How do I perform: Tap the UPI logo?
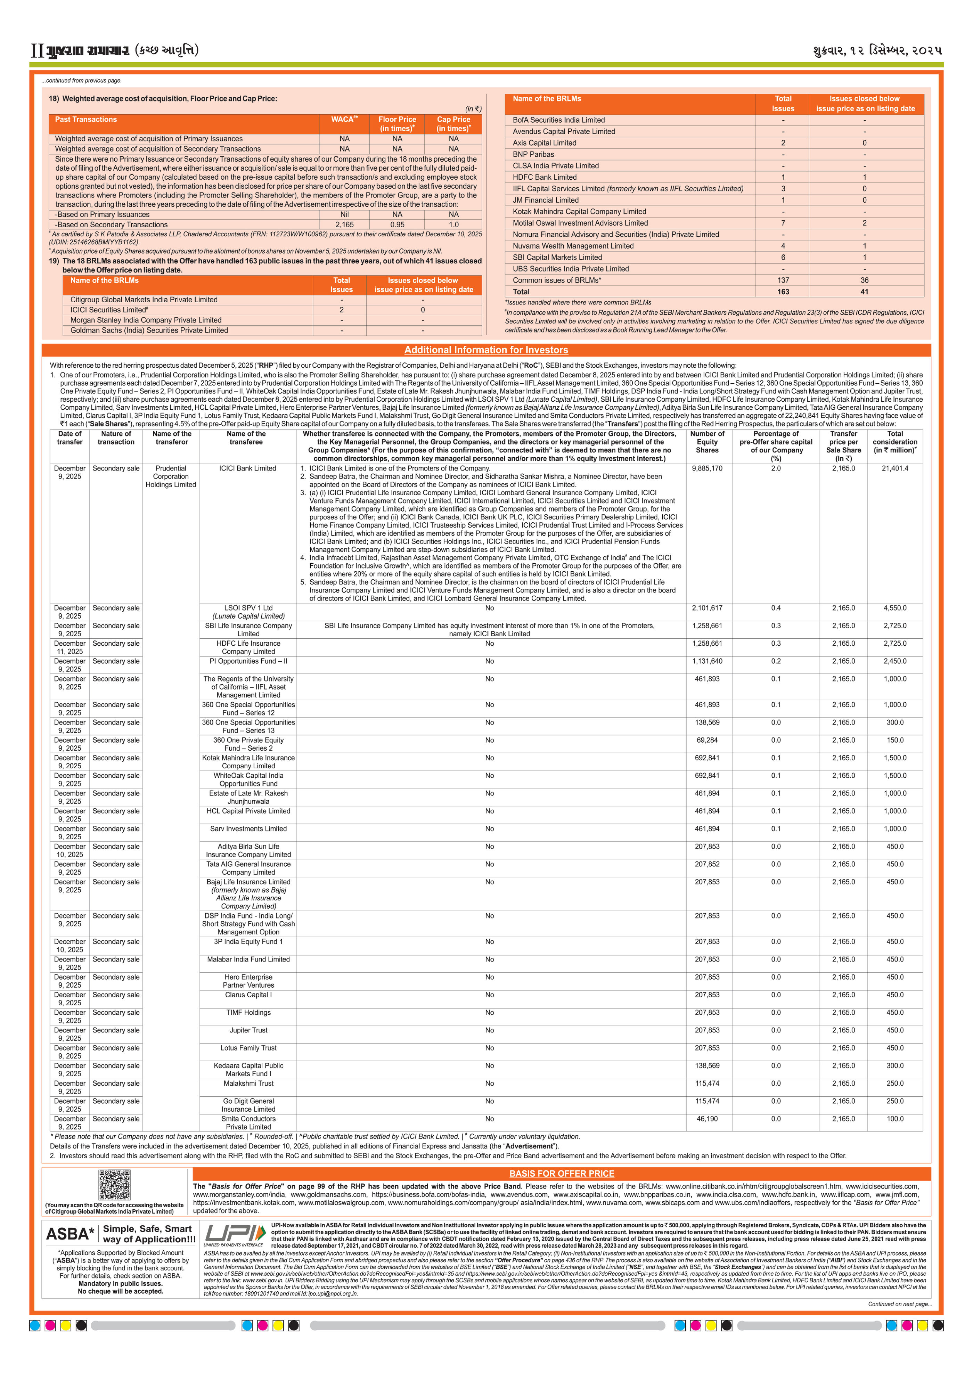point(235,1234)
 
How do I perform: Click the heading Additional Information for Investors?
point(486,350)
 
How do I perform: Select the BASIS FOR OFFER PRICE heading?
point(562,1174)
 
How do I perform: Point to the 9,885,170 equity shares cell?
point(707,468)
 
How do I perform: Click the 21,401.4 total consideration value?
point(895,468)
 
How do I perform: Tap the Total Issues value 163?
point(783,292)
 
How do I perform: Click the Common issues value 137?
point(783,280)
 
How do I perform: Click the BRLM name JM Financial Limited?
point(546,200)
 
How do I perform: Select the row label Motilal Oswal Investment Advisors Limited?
point(580,223)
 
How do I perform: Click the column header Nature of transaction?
point(116,438)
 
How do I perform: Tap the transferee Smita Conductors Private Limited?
point(248,1123)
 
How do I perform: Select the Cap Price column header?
point(453,124)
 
